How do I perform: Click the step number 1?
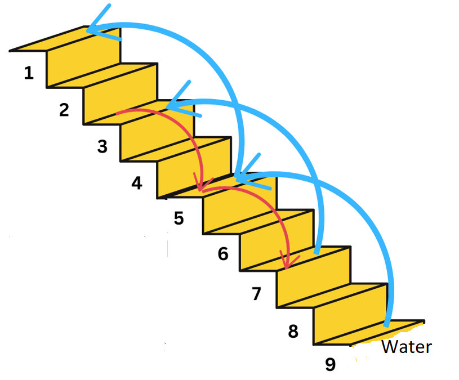coord(29,73)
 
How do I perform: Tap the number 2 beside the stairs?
coord(64,109)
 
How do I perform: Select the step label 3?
coord(102,146)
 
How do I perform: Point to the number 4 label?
coord(137,183)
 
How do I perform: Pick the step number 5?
coord(179,218)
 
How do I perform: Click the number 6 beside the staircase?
coord(223,254)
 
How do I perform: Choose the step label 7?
coord(257,293)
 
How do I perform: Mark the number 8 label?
coord(293,332)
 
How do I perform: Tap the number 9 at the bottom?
coord(331,365)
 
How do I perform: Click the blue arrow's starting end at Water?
coord(386,324)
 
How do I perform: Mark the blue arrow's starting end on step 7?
coord(318,252)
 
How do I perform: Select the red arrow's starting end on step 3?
coord(118,113)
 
